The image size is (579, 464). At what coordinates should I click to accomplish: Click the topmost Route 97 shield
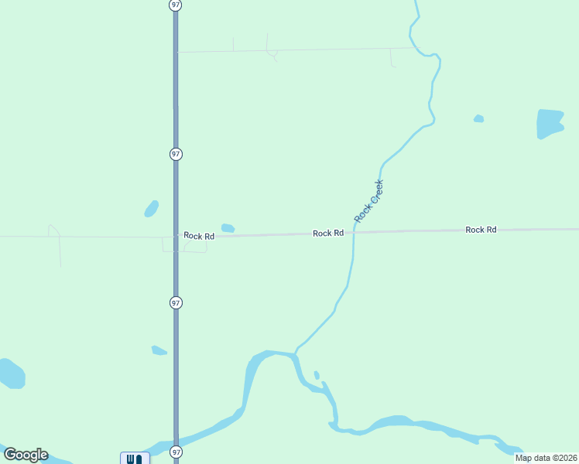pos(176,5)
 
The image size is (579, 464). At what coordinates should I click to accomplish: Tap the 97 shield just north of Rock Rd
pos(176,154)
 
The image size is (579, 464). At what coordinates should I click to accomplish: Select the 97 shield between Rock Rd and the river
pos(176,303)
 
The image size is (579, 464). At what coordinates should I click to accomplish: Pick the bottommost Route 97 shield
pos(176,452)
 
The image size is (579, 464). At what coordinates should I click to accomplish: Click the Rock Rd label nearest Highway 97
pos(199,236)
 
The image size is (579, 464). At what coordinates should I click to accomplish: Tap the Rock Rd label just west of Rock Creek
pos(328,233)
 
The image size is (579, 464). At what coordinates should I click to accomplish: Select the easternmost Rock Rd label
pos(481,230)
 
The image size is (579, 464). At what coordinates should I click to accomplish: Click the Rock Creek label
pos(369,201)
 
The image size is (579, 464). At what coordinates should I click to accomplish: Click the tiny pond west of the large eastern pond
pos(478,118)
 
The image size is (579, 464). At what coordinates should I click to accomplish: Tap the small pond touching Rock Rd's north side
pos(228,228)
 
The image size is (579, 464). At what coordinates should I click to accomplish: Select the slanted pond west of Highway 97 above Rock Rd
pos(151,209)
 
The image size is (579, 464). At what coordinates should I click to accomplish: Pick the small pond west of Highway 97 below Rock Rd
pos(159,350)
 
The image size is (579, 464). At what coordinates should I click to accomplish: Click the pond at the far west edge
pos(12,374)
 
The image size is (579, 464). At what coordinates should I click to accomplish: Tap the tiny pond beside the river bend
pos(317,376)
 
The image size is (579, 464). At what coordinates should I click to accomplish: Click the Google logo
pos(26,455)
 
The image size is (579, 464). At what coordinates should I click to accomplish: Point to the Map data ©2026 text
pos(546,457)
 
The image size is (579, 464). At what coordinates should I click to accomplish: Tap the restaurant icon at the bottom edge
pos(134,459)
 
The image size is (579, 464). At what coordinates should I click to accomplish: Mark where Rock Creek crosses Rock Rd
pos(354,232)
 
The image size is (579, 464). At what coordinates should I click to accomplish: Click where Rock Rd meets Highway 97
pos(176,235)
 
